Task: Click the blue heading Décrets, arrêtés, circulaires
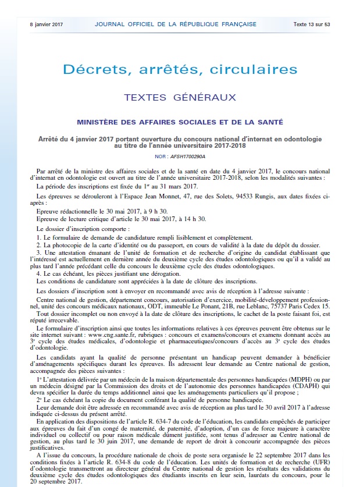pos(179,70)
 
